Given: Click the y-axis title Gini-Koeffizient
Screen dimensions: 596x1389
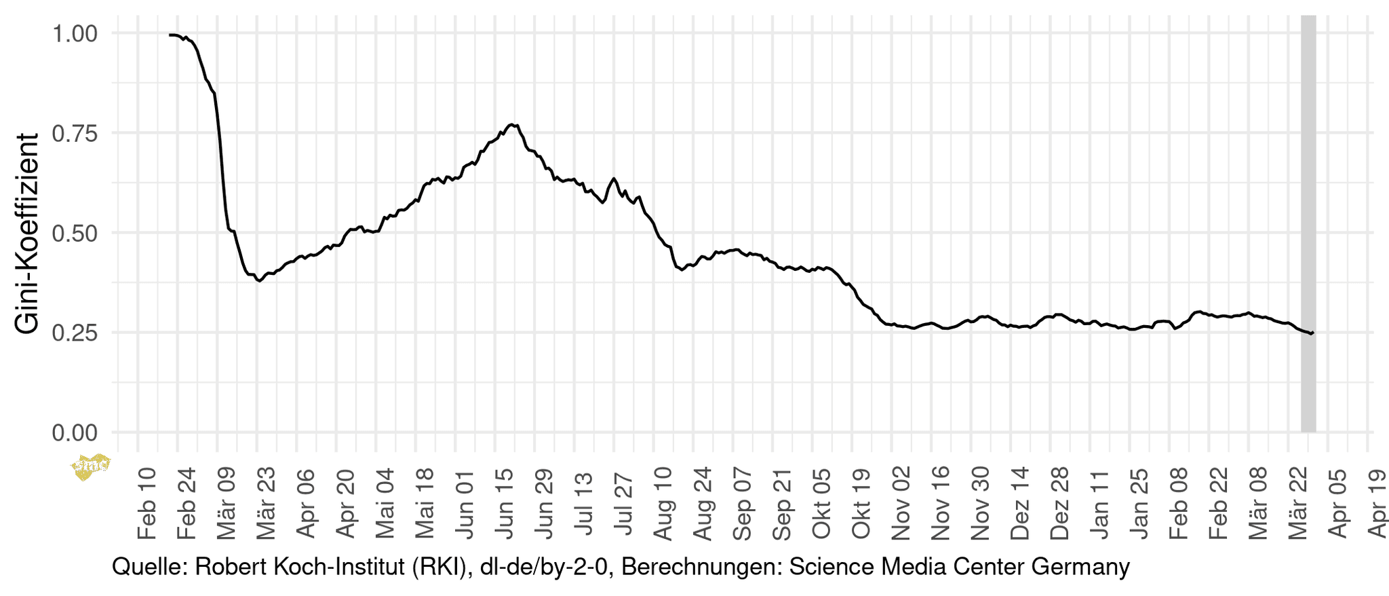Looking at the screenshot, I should [x=27, y=234].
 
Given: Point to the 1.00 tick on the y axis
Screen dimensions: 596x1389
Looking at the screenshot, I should [x=75, y=33].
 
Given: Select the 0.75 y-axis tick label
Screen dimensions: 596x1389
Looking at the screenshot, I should [x=75, y=133].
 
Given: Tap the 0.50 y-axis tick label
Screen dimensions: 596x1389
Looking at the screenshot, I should [x=75, y=233].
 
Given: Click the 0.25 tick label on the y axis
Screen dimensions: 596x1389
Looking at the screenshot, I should [x=75, y=333].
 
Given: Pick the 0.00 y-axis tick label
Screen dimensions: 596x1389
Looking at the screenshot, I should [x=75, y=432].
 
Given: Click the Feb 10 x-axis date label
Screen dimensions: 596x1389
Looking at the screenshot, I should [x=147, y=503].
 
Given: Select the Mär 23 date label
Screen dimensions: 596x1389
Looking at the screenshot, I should [x=267, y=503].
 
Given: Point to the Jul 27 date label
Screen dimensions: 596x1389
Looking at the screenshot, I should [x=624, y=503].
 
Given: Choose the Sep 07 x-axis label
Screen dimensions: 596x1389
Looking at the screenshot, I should [x=743, y=503].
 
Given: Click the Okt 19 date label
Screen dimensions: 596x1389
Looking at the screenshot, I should [x=861, y=503].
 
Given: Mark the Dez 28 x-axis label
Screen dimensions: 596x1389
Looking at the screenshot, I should [x=1059, y=503].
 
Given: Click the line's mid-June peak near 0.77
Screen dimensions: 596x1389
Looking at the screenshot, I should [x=512, y=125].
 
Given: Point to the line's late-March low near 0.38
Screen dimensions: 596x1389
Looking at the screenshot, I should [x=259, y=280].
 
